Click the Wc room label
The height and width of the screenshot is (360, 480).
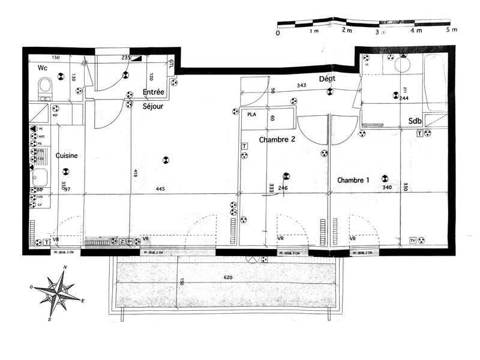tap(43, 68)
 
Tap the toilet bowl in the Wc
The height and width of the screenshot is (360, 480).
tap(44, 91)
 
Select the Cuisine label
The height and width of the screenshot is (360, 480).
tap(67, 155)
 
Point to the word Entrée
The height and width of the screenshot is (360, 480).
tap(154, 92)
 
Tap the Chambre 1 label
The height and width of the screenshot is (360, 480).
tap(354, 180)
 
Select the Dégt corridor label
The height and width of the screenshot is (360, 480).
tap(328, 79)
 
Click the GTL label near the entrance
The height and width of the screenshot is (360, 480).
tap(171, 64)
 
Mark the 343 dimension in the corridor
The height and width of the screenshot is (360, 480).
tap(302, 85)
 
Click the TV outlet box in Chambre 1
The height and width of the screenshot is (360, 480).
tap(413, 241)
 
